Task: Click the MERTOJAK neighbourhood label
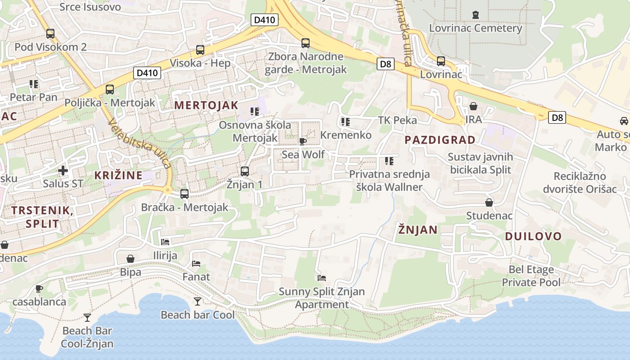pos(206,105)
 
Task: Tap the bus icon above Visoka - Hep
pos(200,50)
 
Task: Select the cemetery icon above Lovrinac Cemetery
pos(476,15)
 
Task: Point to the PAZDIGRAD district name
pos(440,139)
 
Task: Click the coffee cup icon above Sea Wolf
pos(303,142)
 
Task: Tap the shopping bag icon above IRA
pos(473,106)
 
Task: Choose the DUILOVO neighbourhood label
pos(533,236)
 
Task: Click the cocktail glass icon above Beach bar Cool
pos(198,301)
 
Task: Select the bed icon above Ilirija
pos(165,242)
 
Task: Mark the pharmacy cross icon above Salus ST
pos(63,171)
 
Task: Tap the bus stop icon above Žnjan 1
pos(245,171)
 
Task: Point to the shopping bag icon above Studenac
pos(489,202)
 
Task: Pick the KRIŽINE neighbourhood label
pos(118,175)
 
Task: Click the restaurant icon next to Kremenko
pos(346,121)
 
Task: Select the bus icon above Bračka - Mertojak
pos(184,194)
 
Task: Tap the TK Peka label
pos(397,120)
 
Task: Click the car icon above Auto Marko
pos(624,121)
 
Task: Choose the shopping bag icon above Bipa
pos(130,259)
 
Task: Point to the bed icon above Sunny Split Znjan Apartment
pos(322,278)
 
